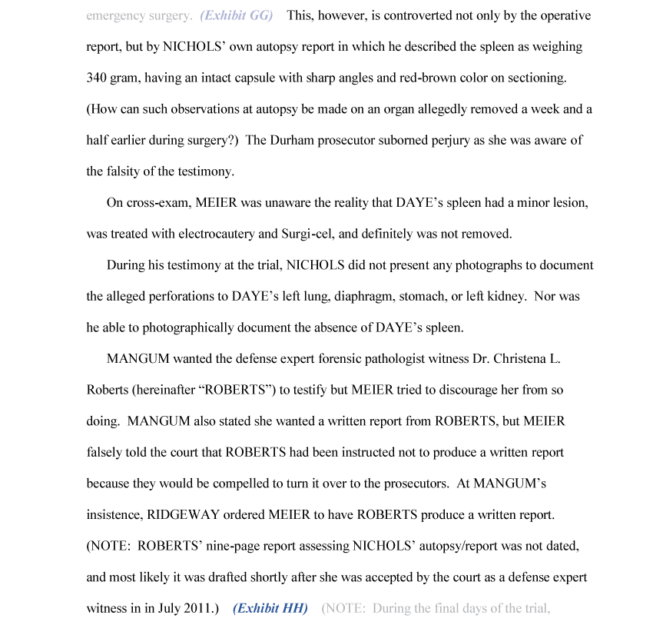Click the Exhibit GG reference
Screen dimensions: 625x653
click(x=237, y=15)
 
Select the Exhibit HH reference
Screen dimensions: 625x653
click(x=270, y=608)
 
